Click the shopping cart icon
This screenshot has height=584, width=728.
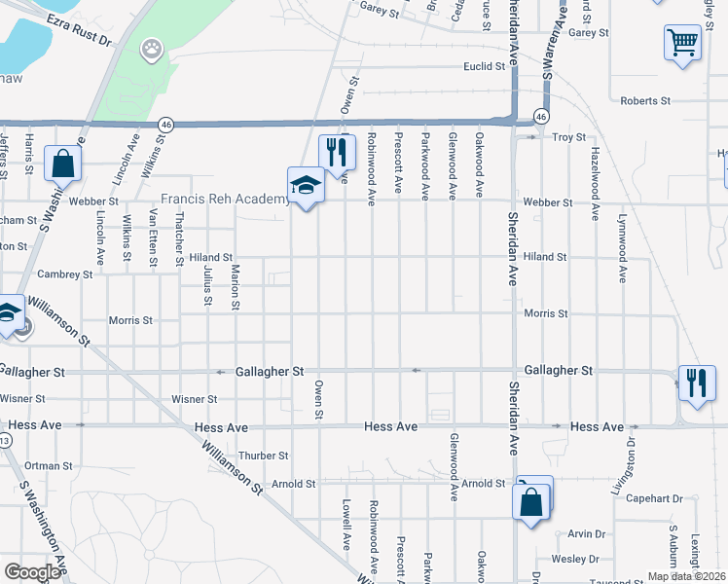point(683,42)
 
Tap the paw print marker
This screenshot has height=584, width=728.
point(152,48)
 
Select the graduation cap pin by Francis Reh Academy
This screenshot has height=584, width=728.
point(305,185)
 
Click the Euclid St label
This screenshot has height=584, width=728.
point(485,66)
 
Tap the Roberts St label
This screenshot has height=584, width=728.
point(645,100)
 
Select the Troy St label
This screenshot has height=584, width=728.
point(569,138)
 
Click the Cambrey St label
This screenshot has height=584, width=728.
point(66,274)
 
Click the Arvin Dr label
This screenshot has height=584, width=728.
point(586,533)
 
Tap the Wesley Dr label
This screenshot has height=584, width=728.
point(576,559)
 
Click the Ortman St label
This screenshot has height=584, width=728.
point(49,466)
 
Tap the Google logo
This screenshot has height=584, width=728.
point(32,571)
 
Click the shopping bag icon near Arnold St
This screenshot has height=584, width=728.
point(531,502)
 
